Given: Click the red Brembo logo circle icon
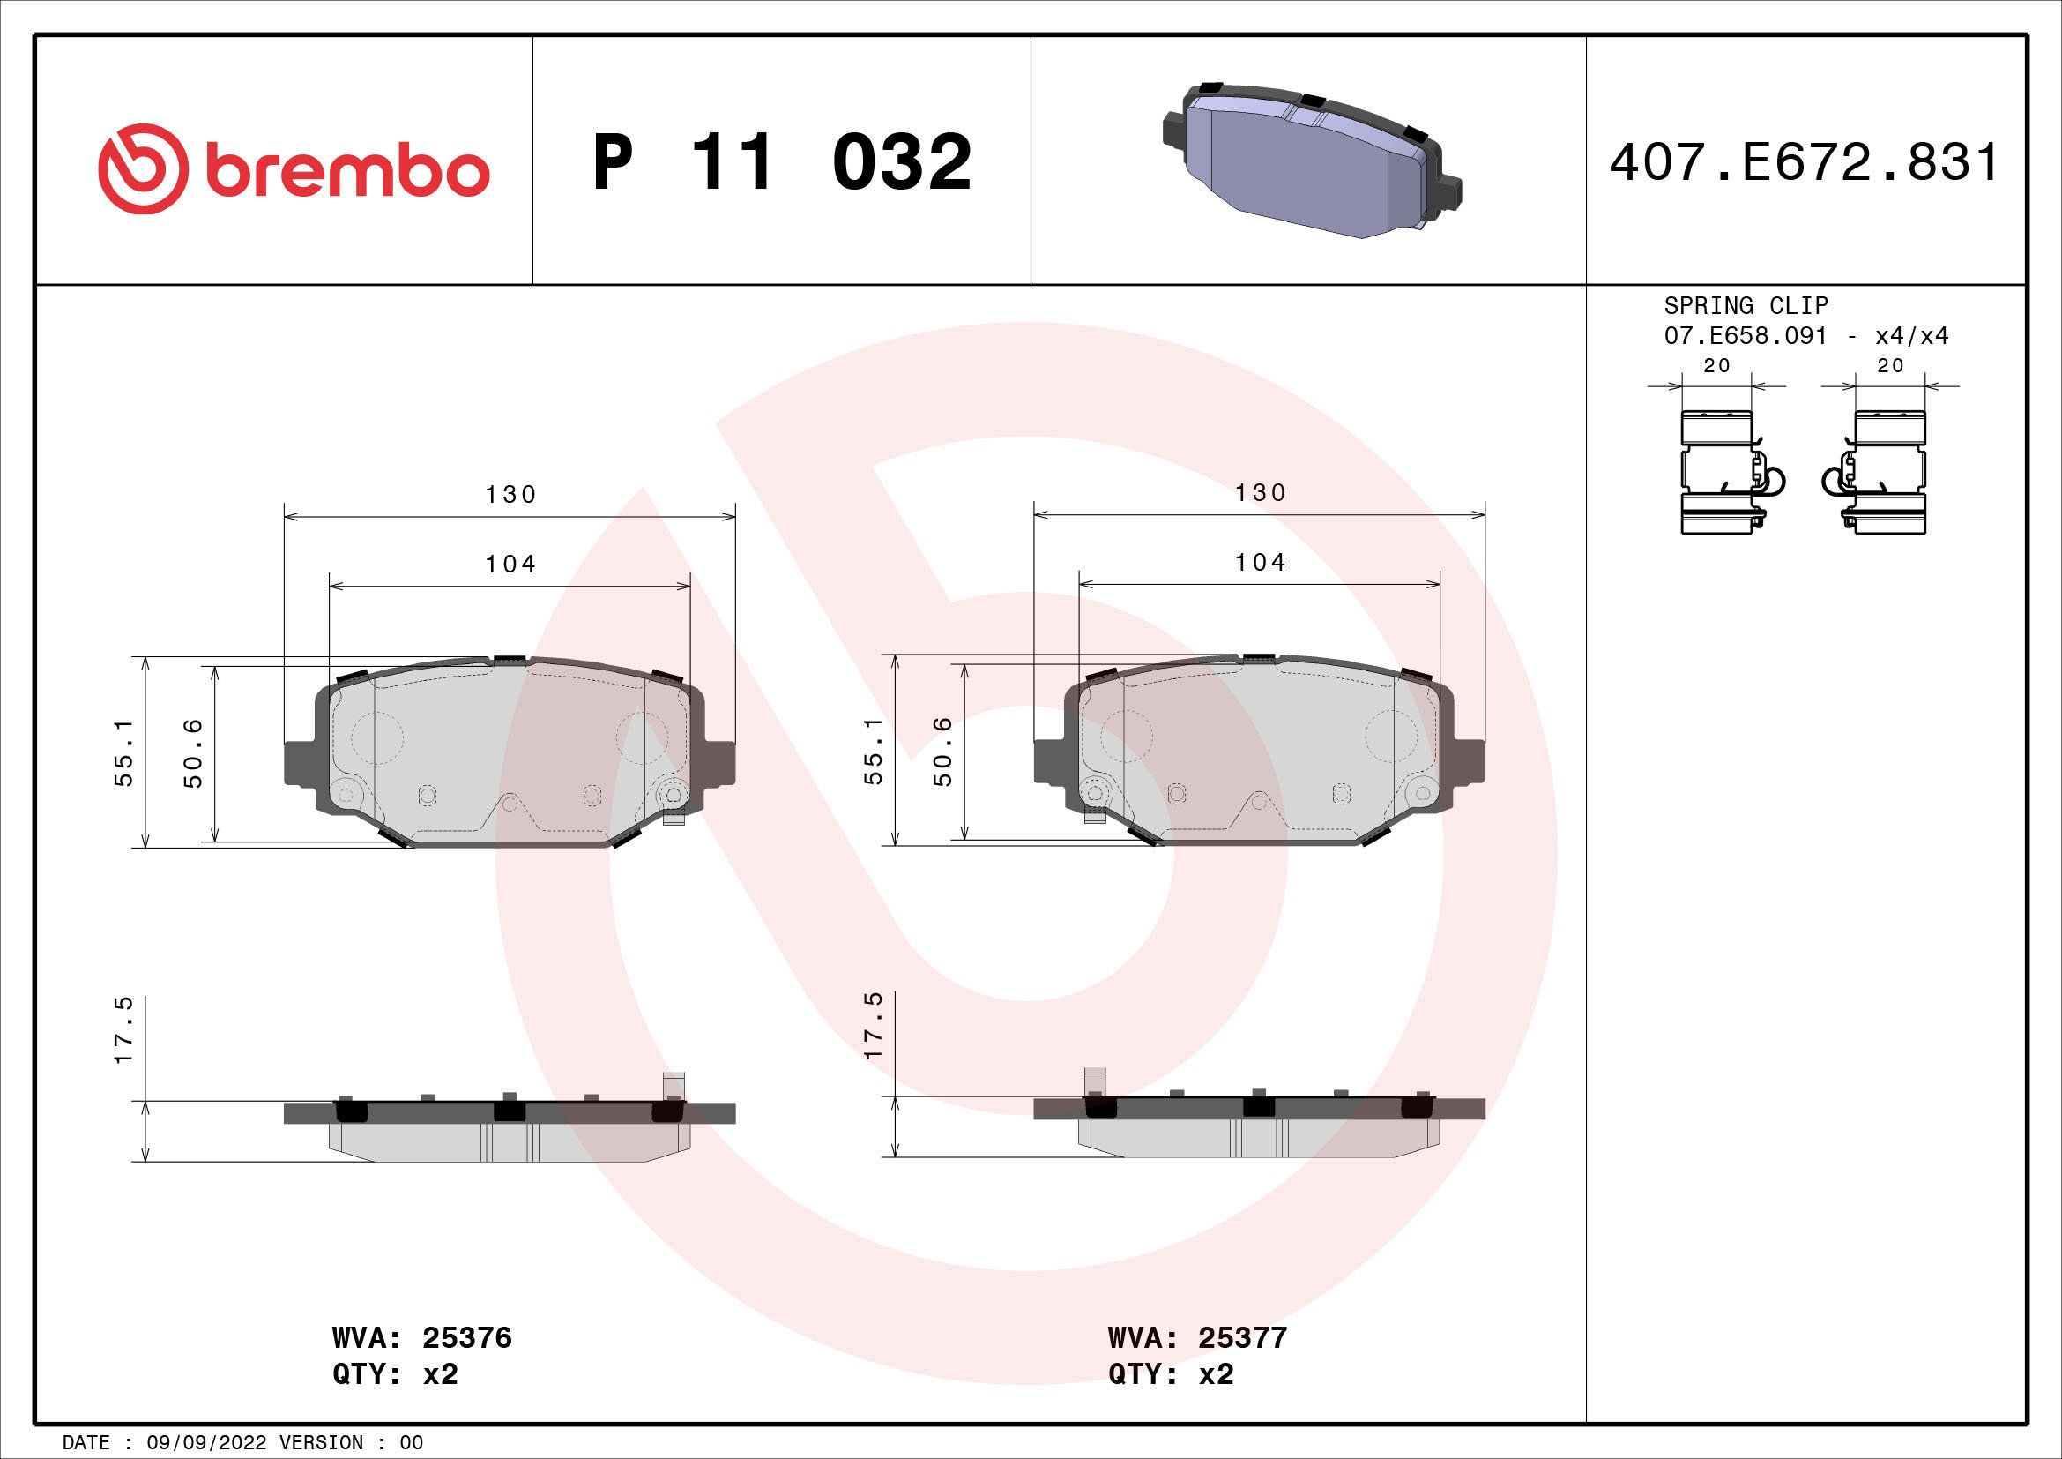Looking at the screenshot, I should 144,168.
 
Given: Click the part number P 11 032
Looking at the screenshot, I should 781,162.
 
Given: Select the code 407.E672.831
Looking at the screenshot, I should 1805,162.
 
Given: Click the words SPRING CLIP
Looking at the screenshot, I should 1746,305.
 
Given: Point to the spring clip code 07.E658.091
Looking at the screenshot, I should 1745,336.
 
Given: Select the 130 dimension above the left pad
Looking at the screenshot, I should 510,495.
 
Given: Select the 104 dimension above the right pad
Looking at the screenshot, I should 1260,564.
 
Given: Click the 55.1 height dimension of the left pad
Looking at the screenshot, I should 124,752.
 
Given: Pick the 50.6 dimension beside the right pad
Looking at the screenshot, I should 942,751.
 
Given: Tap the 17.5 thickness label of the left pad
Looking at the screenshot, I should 124,1030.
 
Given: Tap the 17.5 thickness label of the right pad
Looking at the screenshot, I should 873,1025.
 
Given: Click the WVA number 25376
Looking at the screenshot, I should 466,1338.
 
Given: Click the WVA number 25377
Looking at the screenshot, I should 1242,1338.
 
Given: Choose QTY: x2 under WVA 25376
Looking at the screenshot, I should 395,1374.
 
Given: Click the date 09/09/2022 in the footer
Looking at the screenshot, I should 205,1443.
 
